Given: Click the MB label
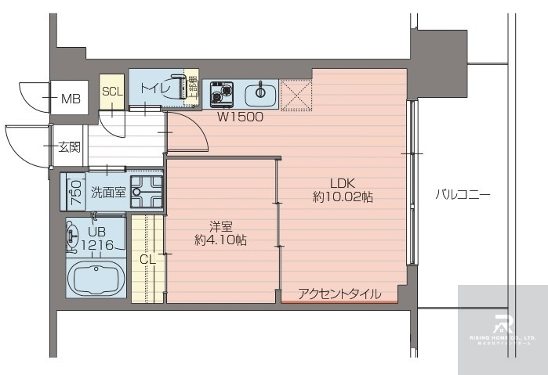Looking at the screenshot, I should pyautogui.click(x=71, y=99).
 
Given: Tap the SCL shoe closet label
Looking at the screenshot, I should pyautogui.click(x=112, y=91).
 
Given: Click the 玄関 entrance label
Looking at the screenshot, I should pyautogui.click(x=69, y=146).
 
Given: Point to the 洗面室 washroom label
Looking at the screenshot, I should pyautogui.click(x=107, y=192).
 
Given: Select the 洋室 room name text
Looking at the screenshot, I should pyautogui.click(x=220, y=225).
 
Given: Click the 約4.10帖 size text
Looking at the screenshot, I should pyautogui.click(x=220, y=240).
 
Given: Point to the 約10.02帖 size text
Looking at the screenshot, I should pyautogui.click(x=343, y=197).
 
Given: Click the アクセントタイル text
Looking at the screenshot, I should pyautogui.click(x=339, y=294).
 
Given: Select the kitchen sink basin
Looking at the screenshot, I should pyautogui.click(x=260, y=96).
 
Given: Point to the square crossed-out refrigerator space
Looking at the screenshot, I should pyautogui.click(x=296, y=96).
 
